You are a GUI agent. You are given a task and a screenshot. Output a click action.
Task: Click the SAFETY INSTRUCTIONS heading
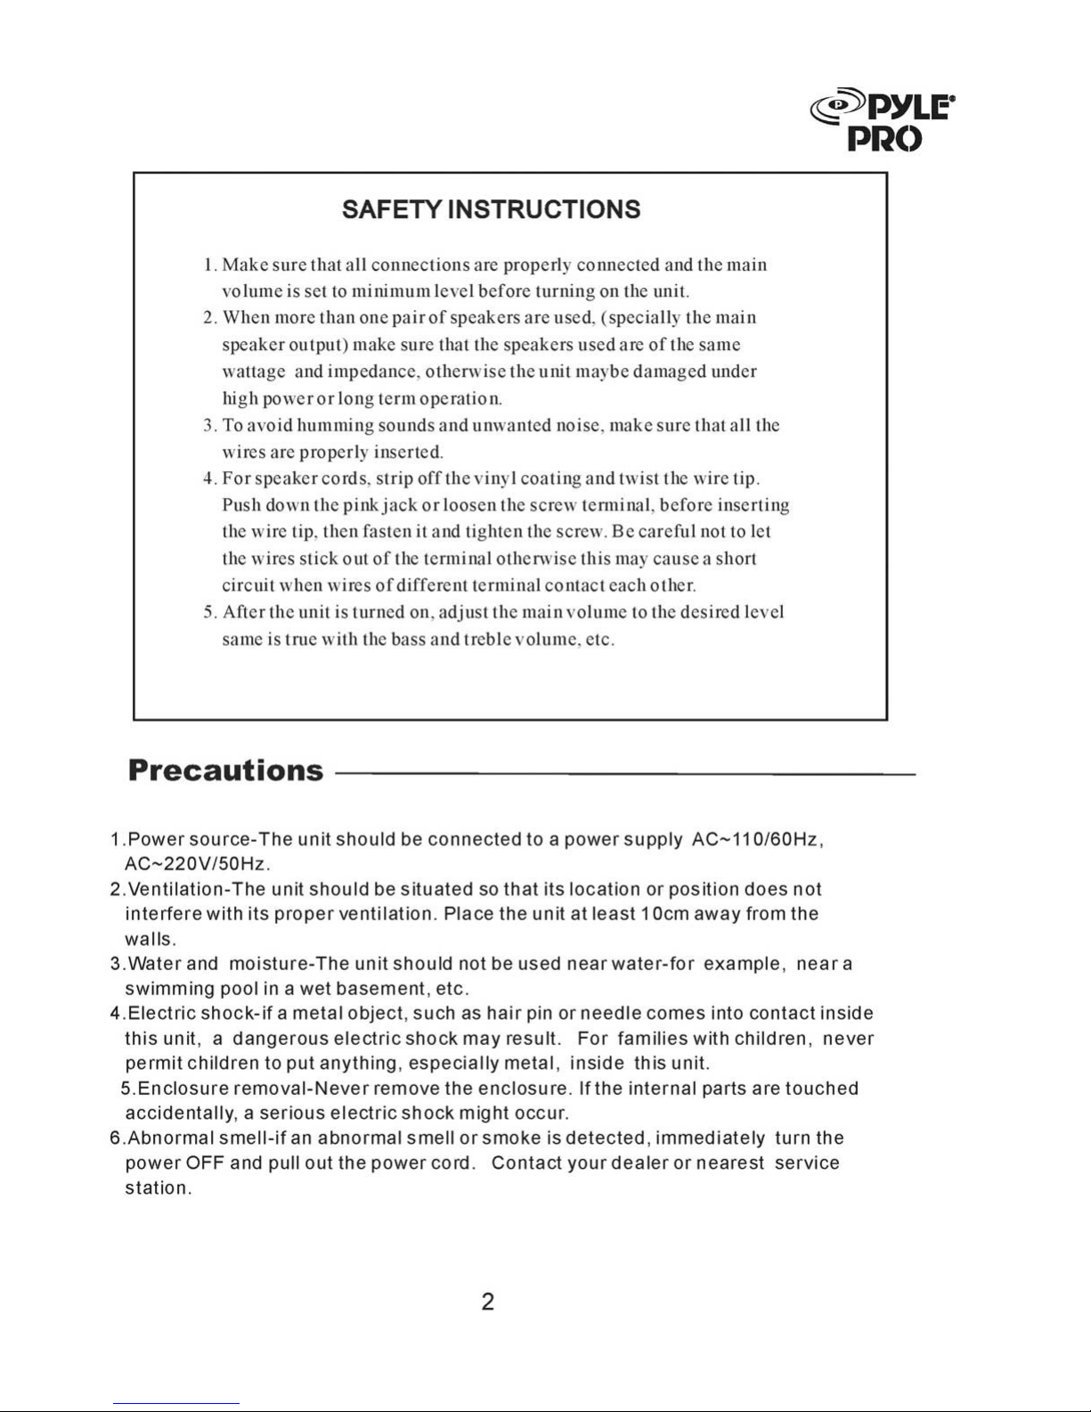pos(491,210)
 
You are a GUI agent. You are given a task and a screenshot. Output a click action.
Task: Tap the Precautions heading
pos(225,771)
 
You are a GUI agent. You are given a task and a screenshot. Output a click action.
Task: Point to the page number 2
pos(487,1302)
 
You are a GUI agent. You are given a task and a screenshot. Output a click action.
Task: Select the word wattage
pos(254,372)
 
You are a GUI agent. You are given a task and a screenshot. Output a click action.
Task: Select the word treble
pos(487,640)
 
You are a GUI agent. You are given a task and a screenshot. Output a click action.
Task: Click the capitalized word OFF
pos(204,1163)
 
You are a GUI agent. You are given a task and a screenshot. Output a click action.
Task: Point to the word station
pos(158,1188)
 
